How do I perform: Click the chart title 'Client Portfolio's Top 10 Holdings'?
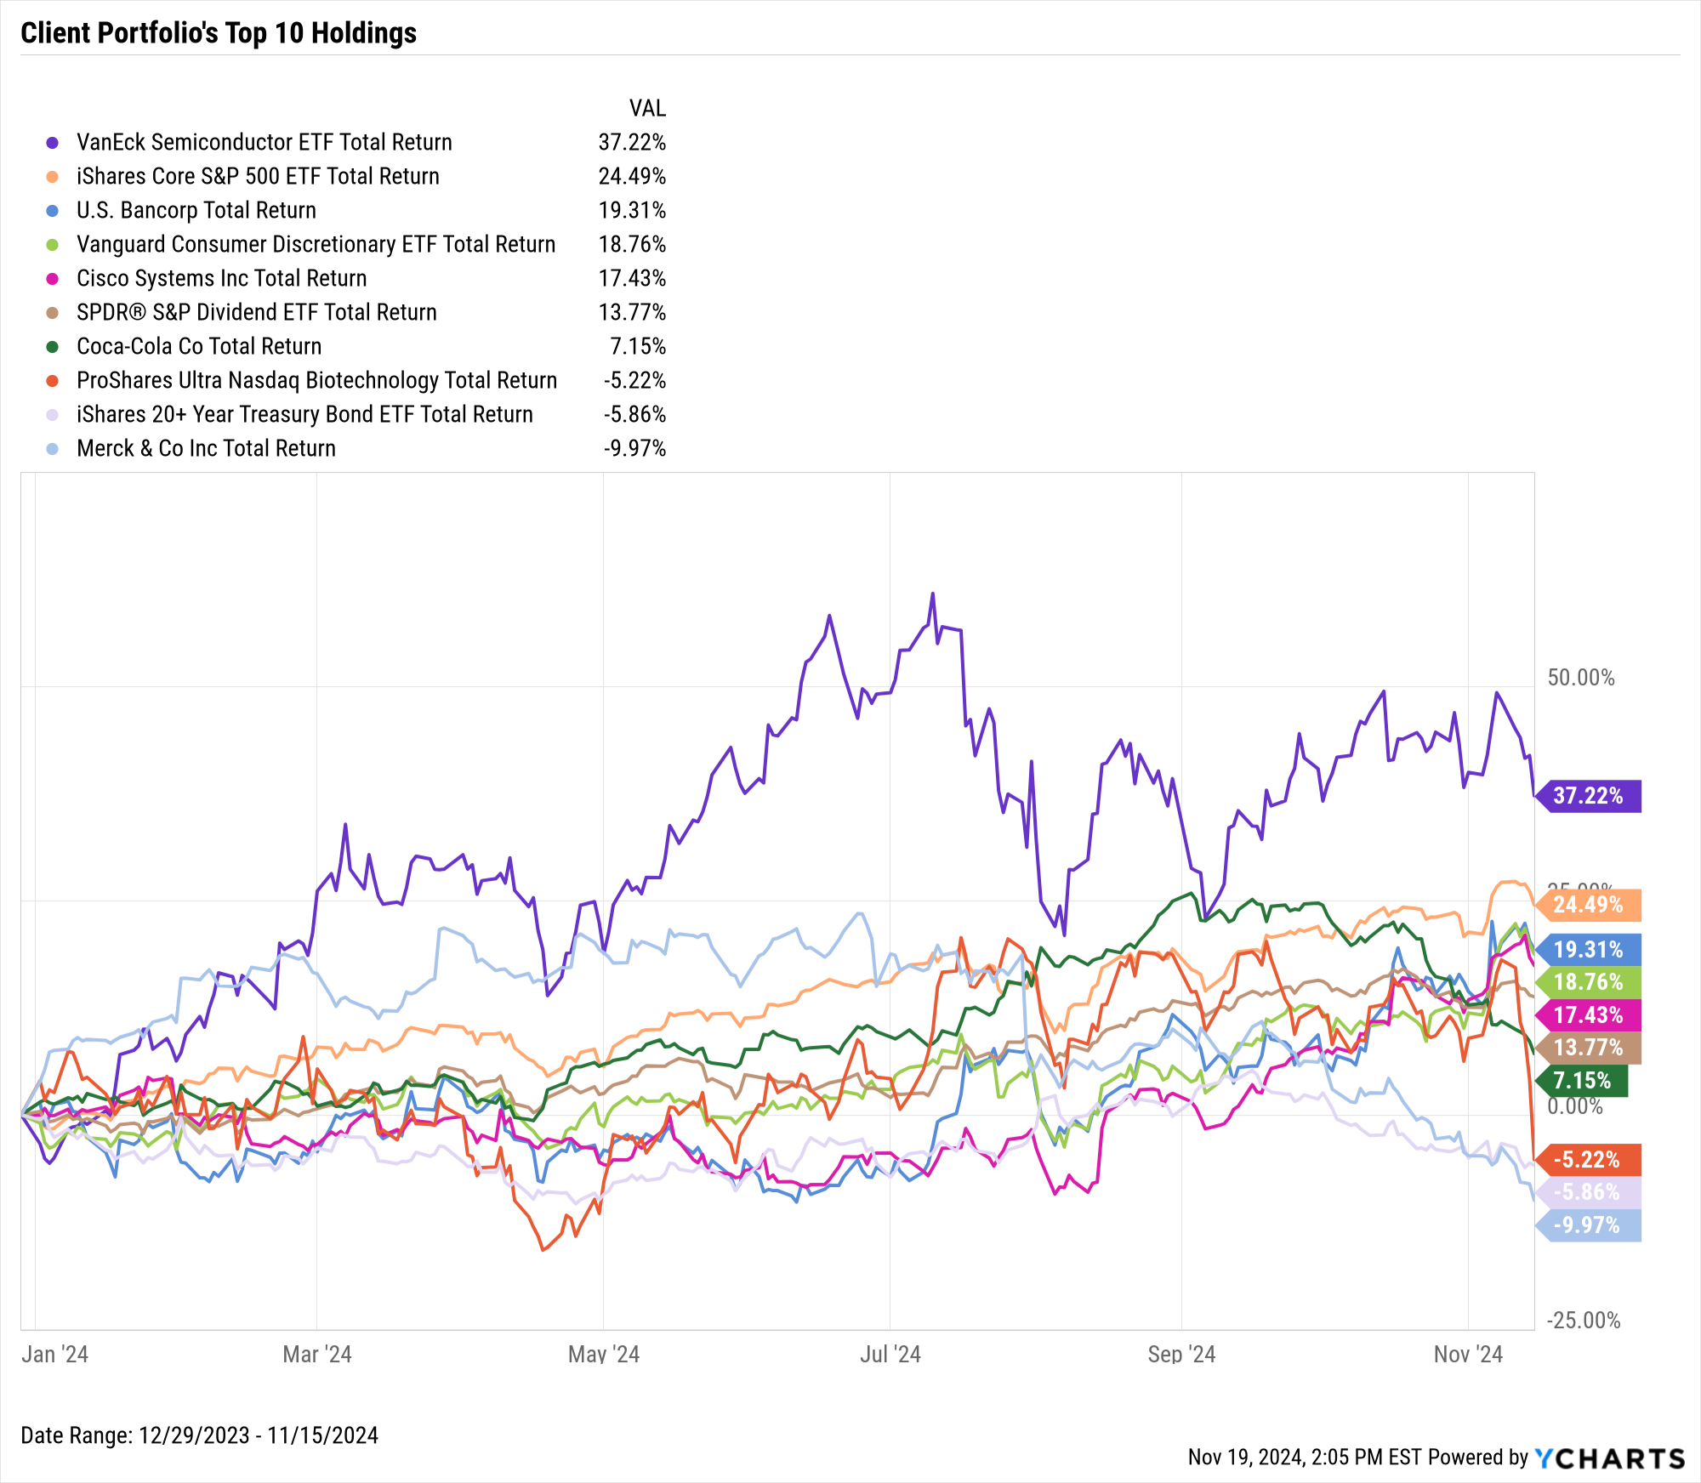pyautogui.click(x=219, y=33)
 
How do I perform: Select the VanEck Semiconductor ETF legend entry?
pyautogui.click(x=264, y=142)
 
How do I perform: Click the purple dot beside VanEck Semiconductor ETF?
pyautogui.click(x=53, y=143)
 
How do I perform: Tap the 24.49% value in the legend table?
pyautogui.click(x=631, y=176)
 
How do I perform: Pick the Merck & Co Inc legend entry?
pyautogui.click(x=206, y=448)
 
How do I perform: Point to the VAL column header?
pyautogui.click(x=646, y=108)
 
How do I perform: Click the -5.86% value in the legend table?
pyautogui.click(x=634, y=414)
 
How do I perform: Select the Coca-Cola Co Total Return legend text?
pyautogui.click(x=199, y=346)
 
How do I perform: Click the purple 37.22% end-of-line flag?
pyautogui.click(x=1588, y=796)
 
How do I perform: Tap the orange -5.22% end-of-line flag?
pyautogui.click(x=1588, y=1160)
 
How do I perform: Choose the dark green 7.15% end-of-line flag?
pyautogui.click(x=1584, y=1081)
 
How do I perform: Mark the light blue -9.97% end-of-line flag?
pyautogui.click(x=1588, y=1225)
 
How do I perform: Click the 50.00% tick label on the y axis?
pyautogui.click(x=1580, y=678)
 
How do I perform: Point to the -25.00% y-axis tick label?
pyautogui.click(x=1583, y=1321)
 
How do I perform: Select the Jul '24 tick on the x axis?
pyautogui.click(x=890, y=1354)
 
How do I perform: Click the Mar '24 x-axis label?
pyautogui.click(x=316, y=1354)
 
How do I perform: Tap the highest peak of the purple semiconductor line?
pyautogui.click(x=932, y=594)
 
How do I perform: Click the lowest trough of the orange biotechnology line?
pyautogui.click(x=543, y=1250)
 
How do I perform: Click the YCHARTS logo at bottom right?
pyautogui.click(x=1609, y=1458)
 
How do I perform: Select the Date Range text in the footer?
pyautogui.click(x=199, y=1435)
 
